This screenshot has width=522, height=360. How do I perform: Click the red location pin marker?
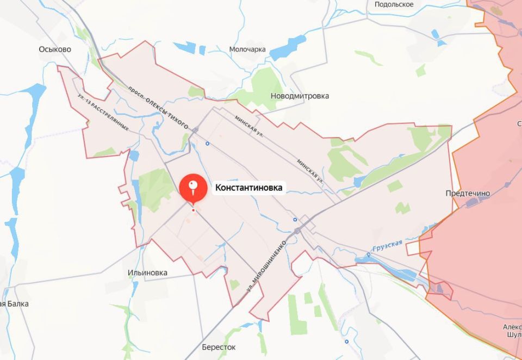tap(192, 188)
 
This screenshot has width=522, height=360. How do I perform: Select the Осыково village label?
tap(55, 49)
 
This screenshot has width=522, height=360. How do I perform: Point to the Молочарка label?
tap(247, 49)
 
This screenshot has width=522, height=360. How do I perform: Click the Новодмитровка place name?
tap(300, 96)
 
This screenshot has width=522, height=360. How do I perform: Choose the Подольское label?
tap(394, 4)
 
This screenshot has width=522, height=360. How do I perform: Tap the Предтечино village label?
tap(468, 193)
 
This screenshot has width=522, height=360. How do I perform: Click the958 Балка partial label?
tap(14, 303)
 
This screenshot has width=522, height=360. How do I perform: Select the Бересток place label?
tap(219, 347)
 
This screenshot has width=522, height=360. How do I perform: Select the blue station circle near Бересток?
tap(346, 342)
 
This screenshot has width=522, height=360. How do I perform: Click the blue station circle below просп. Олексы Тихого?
tap(207, 144)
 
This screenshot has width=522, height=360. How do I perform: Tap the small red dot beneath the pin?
tap(193, 210)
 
